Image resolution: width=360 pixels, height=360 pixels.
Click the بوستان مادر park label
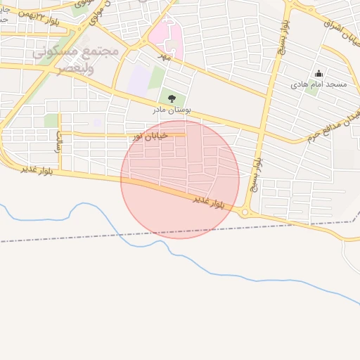[x=172, y=110]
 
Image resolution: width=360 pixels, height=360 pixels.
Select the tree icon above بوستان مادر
[x=172, y=98]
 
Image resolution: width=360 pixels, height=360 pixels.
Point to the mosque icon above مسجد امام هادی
[x=319, y=74]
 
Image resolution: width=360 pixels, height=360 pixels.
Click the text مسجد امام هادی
[x=319, y=84]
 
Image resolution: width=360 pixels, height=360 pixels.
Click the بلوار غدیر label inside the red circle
[x=209, y=201]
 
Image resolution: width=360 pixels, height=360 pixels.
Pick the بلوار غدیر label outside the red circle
[x=37, y=169]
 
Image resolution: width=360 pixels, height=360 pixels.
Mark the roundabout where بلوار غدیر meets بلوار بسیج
[x=245, y=212]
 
